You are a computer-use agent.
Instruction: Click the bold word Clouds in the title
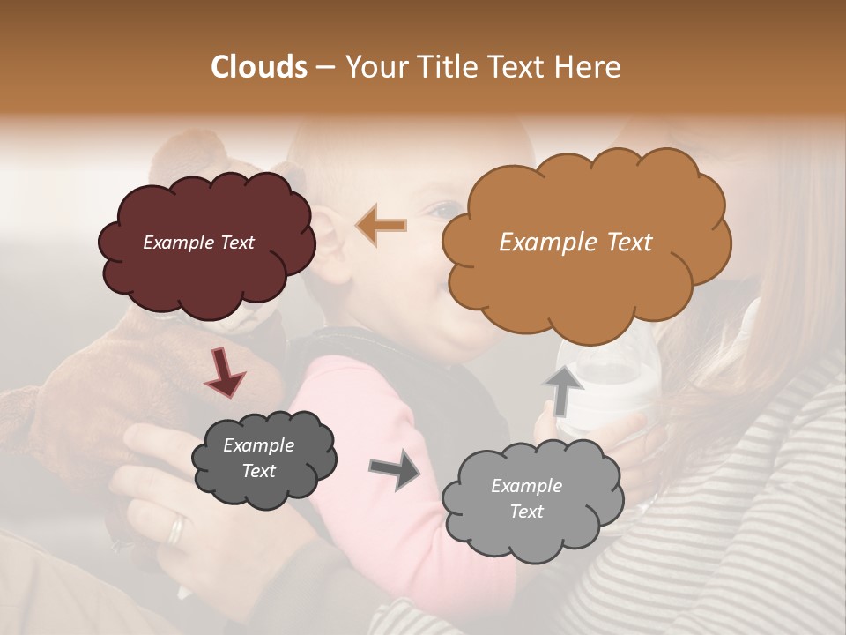tap(259, 67)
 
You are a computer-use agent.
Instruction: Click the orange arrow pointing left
tap(382, 226)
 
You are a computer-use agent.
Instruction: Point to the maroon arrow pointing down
tap(225, 371)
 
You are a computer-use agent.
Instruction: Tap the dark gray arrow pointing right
tap(394, 471)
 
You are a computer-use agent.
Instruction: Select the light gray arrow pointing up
tap(561, 391)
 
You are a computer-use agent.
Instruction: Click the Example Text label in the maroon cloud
tap(198, 243)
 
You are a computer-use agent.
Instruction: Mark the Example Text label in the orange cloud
tap(575, 243)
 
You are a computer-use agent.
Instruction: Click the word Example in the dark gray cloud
tap(258, 445)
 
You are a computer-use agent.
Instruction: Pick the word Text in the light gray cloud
tap(526, 512)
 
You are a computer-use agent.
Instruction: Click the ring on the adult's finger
tap(177, 529)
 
